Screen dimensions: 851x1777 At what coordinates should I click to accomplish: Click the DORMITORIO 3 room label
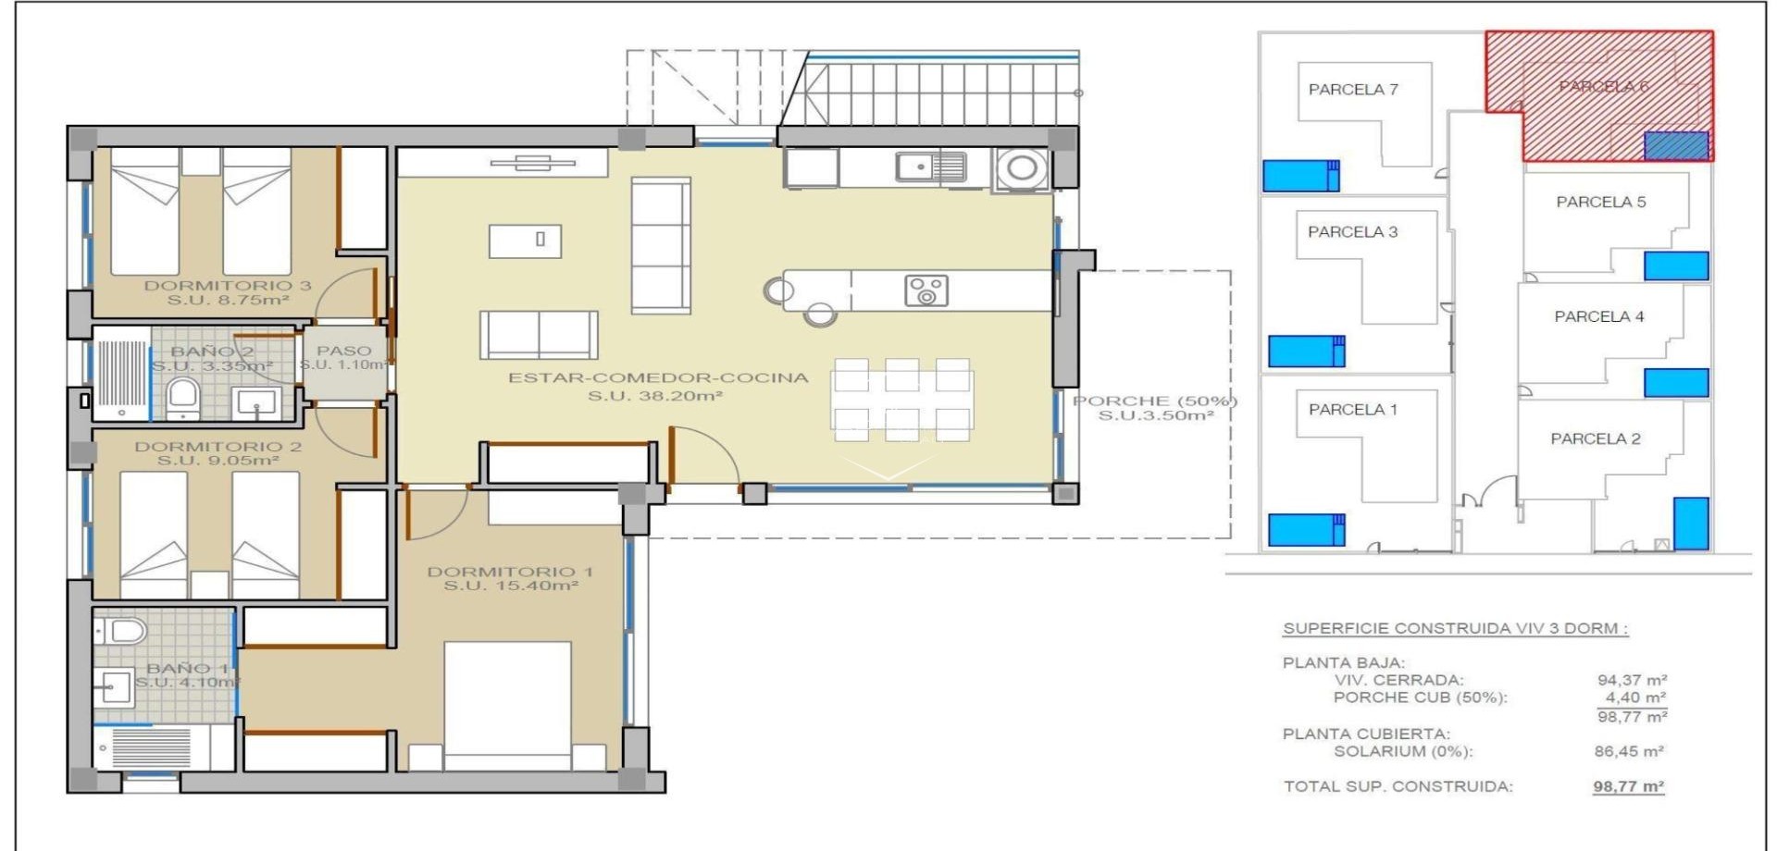pos(227,286)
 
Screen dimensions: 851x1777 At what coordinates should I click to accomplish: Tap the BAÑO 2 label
pos(211,351)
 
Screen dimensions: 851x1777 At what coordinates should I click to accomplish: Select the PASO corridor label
pos(343,351)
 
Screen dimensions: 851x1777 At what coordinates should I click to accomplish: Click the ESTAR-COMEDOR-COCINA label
pos(657,377)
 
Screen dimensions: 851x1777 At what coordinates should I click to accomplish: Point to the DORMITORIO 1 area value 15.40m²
pos(511,586)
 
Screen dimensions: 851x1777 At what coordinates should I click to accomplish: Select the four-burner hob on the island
pos(926,290)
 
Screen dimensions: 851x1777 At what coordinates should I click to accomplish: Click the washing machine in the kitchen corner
pos(1022,168)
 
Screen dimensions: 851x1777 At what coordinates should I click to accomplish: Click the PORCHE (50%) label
pos(1154,401)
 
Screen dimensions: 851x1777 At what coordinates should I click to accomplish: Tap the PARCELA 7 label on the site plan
pos(1352,90)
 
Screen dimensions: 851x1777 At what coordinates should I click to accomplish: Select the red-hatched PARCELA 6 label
pos(1603,86)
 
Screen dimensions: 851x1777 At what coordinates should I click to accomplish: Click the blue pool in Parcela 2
pos(1691,523)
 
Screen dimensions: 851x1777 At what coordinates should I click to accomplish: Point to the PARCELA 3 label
pos(1352,232)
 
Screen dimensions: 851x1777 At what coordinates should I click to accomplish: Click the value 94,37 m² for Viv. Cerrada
pos(1631,680)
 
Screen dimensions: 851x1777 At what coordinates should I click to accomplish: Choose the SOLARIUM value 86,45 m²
pos(1628,751)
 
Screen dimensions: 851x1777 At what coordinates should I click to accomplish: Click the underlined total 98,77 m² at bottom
pos(1628,786)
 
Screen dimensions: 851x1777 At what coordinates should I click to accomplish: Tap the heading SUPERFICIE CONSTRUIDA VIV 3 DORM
pos(1455,628)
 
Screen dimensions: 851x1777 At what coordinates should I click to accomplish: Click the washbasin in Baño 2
pos(255,402)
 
